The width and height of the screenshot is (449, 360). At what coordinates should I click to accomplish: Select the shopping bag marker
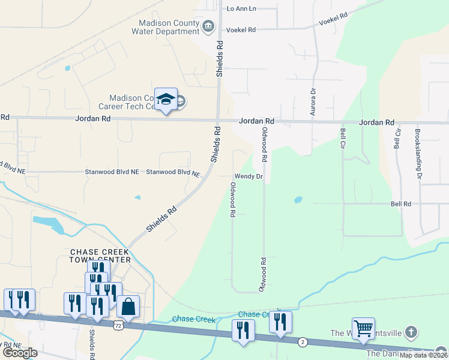128,307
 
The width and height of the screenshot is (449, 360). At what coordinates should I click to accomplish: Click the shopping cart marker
363,329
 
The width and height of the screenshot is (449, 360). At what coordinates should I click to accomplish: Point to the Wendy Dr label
249,176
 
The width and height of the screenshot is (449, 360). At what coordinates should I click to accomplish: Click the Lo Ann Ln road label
241,8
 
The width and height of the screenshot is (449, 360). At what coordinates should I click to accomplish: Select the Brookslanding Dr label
418,154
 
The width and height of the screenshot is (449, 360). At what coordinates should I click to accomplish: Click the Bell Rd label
400,204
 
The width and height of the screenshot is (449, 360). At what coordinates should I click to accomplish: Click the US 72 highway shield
118,325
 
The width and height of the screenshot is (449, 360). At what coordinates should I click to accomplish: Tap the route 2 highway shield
303,341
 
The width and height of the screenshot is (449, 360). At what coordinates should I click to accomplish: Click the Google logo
20,353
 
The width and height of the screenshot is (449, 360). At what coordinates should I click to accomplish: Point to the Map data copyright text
423,355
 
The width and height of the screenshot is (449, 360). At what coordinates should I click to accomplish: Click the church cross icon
410,332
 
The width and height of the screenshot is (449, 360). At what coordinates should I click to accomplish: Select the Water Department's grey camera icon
208,25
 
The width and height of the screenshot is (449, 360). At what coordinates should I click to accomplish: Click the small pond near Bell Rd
298,199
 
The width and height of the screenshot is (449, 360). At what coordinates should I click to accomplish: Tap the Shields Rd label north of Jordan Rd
220,59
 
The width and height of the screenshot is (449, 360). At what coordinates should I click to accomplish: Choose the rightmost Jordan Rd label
376,122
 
